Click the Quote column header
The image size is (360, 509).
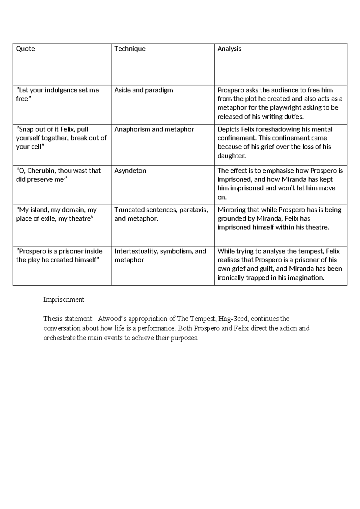click(x=25, y=49)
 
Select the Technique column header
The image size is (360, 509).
click(x=130, y=49)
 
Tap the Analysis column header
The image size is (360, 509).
click(x=229, y=49)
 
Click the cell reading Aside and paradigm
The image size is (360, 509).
click(x=144, y=90)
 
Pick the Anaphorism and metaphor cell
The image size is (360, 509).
click(x=154, y=129)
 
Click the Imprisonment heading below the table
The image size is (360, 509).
click(x=64, y=300)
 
